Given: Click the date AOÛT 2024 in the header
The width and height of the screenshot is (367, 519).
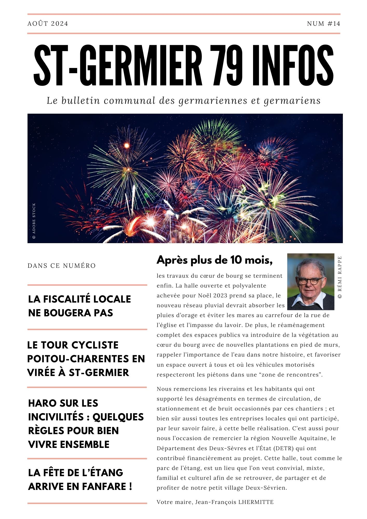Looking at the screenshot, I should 48,24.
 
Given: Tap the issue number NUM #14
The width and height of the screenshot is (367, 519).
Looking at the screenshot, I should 323,24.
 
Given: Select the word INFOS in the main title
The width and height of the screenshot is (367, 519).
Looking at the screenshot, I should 293,65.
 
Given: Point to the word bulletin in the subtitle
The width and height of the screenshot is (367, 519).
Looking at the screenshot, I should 80,101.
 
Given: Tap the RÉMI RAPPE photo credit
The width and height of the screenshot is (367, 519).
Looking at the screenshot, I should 340,277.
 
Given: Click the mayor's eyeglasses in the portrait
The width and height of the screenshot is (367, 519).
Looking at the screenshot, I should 311,281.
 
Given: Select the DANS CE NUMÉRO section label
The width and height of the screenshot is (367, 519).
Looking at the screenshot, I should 62,266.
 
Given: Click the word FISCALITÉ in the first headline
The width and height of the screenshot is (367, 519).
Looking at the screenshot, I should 65,299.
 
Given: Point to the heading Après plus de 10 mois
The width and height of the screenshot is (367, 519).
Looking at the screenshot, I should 215,260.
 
